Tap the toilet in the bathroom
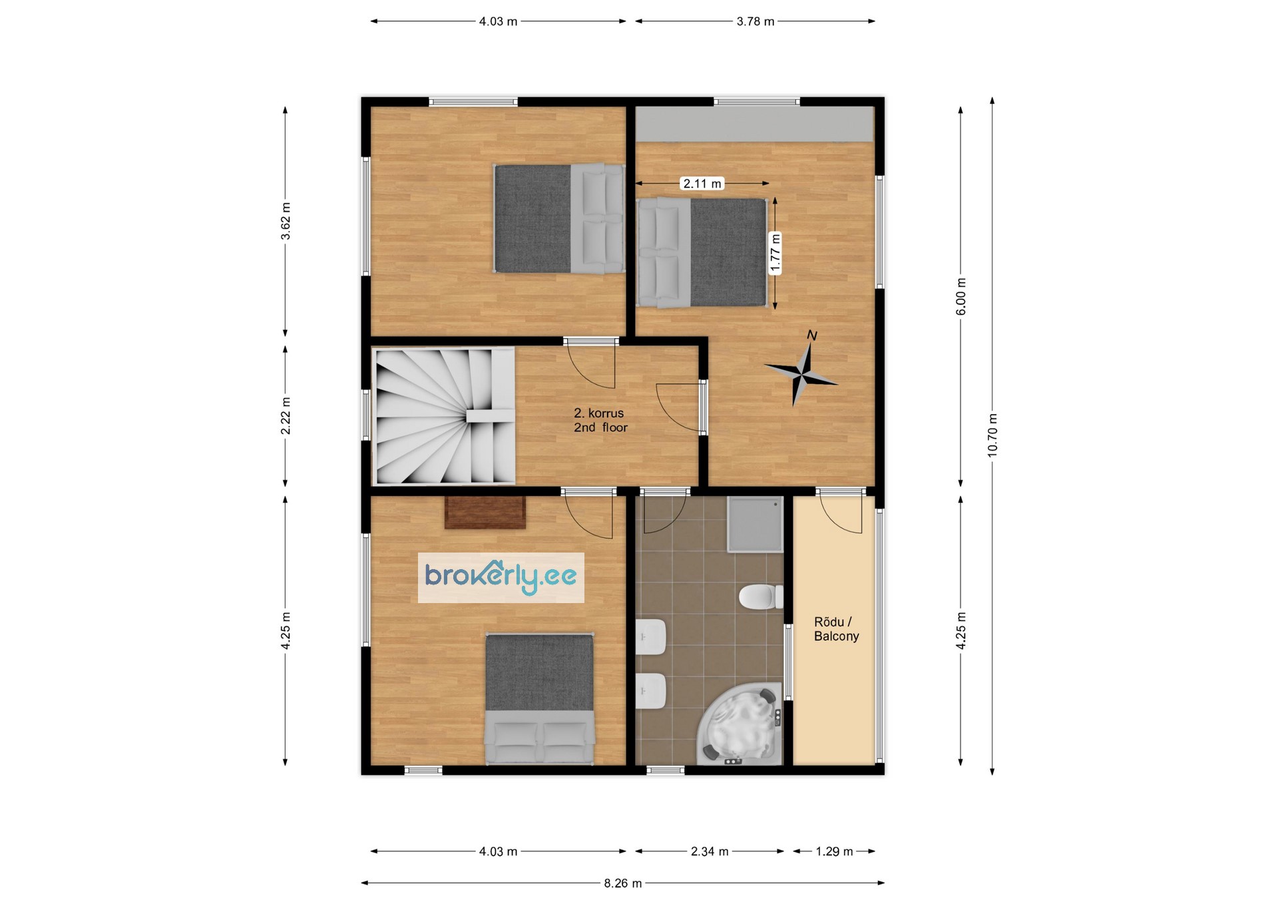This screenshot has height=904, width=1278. pyautogui.click(x=761, y=596)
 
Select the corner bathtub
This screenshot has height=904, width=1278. pyautogui.click(x=740, y=724)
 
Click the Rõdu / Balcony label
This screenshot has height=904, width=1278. pyautogui.click(x=836, y=629)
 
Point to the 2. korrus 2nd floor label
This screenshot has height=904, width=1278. pyautogui.click(x=600, y=420)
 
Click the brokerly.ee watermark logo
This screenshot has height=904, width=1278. pyautogui.click(x=501, y=578)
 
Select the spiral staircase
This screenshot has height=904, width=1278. pyautogui.click(x=445, y=416)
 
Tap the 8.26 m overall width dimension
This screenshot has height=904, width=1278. pyautogui.click(x=623, y=883)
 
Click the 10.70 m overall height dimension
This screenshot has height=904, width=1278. pyautogui.click(x=992, y=436)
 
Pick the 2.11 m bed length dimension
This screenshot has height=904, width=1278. pyautogui.click(x=702, y=183)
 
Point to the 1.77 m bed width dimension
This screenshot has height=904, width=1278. pyautogui.click(x=775, y=253)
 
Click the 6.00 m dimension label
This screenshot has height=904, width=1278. pyautogui.click(x=960, y=297)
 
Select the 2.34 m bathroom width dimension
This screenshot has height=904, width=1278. pyautogui.click(x=710, y=851)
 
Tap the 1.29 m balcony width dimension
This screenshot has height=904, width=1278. pyautogui.click(x=834, y=851)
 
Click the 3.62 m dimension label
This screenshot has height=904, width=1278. pyautogui.click(x=286, y=221)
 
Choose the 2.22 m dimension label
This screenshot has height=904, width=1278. pyautogui.click(x=286, y=416)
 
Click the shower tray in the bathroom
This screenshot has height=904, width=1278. pyautogui.click(x=755, y=524)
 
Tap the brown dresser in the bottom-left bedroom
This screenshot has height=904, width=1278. pyautogui.click(x=485, y=513)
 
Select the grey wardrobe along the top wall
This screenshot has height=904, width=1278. pyautogui.click(x=754, y=124)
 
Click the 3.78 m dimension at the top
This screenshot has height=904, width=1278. pyautogui.click(x=755, y=21)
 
